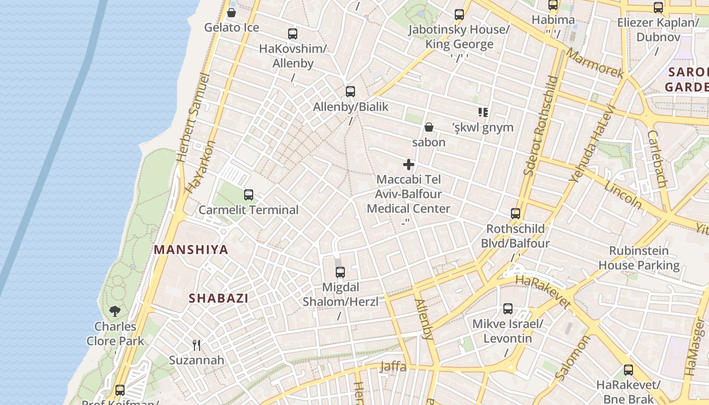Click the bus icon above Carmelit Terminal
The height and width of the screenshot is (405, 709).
point(248,195)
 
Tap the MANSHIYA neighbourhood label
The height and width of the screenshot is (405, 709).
point(191,250)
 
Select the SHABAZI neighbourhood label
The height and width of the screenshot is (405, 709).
point(219,298)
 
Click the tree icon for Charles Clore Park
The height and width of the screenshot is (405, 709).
point(115,311)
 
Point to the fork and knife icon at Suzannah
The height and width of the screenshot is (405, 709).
point(196,345)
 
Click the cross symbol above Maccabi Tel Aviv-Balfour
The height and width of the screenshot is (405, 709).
point(409,165)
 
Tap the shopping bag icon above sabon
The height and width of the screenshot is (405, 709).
point(429,127)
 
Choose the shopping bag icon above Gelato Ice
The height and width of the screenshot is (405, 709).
point(231,13)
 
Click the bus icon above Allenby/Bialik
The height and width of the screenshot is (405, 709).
point(350,92)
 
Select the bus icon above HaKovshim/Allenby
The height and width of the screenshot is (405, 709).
point(293,34)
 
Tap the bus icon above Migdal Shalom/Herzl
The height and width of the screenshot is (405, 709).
point(340,272)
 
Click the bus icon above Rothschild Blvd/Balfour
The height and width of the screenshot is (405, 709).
point(516,214)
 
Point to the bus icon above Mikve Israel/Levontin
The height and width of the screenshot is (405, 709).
point(508,309)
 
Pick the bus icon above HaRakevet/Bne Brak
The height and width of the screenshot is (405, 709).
point(628,370)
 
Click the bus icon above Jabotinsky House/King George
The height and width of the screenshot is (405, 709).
point(459,15)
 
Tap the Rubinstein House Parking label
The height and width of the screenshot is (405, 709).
point(639,258)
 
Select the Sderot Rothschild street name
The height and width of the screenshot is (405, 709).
point(540,126)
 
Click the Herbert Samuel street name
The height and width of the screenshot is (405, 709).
point(193,117)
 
